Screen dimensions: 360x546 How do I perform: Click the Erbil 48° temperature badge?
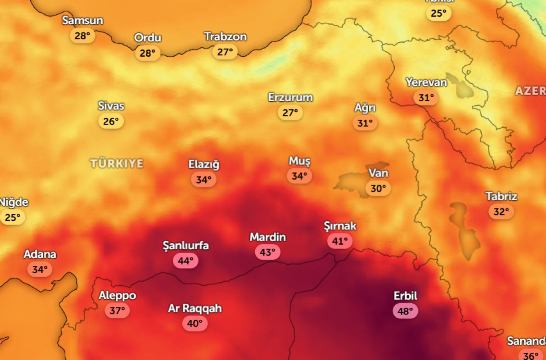point(405,311)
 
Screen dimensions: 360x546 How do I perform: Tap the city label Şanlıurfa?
point(185,246)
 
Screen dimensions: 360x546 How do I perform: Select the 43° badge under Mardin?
point(267,252)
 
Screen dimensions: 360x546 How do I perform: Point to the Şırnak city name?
point(340,226)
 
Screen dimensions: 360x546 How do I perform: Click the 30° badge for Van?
point(378,188)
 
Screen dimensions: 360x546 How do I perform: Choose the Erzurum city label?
point(290,97)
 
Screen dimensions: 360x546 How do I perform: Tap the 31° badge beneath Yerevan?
point(426,97)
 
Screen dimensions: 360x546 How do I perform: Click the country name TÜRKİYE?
point(117,163)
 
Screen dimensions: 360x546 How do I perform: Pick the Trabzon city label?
point(225,37)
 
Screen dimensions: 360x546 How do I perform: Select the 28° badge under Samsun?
point(82,36)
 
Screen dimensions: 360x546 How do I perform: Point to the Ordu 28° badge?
point(148,53)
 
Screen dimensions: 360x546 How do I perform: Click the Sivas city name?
point(111,106)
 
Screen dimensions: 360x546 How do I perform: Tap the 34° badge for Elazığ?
point(203,180)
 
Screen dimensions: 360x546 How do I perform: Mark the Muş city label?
point(299,161)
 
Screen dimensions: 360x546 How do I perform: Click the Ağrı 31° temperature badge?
point(365,122)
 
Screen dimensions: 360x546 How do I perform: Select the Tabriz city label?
point(501,197)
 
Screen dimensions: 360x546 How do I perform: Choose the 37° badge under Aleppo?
point(117,310)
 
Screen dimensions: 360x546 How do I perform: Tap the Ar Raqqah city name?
point(195,309)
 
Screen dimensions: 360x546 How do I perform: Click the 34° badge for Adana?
point(40,270)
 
